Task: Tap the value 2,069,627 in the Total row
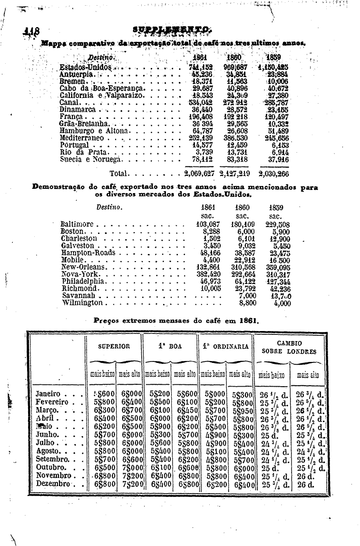(x=199, y=173)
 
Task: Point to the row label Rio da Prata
(x=80, y=152)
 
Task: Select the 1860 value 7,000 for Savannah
(x=247, y=295)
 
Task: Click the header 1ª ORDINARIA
(x=226, y=346)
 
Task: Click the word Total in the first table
(x=119, y=173)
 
